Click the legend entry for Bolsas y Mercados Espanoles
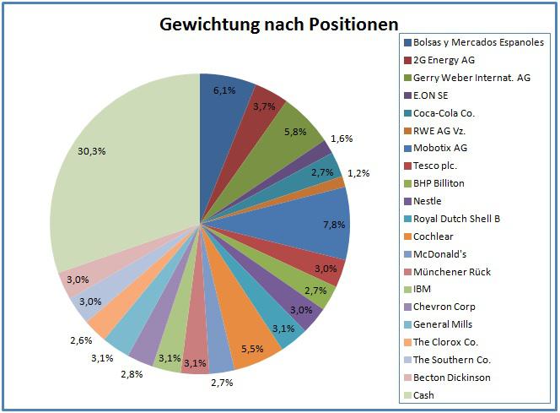click(x=478, y=42)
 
